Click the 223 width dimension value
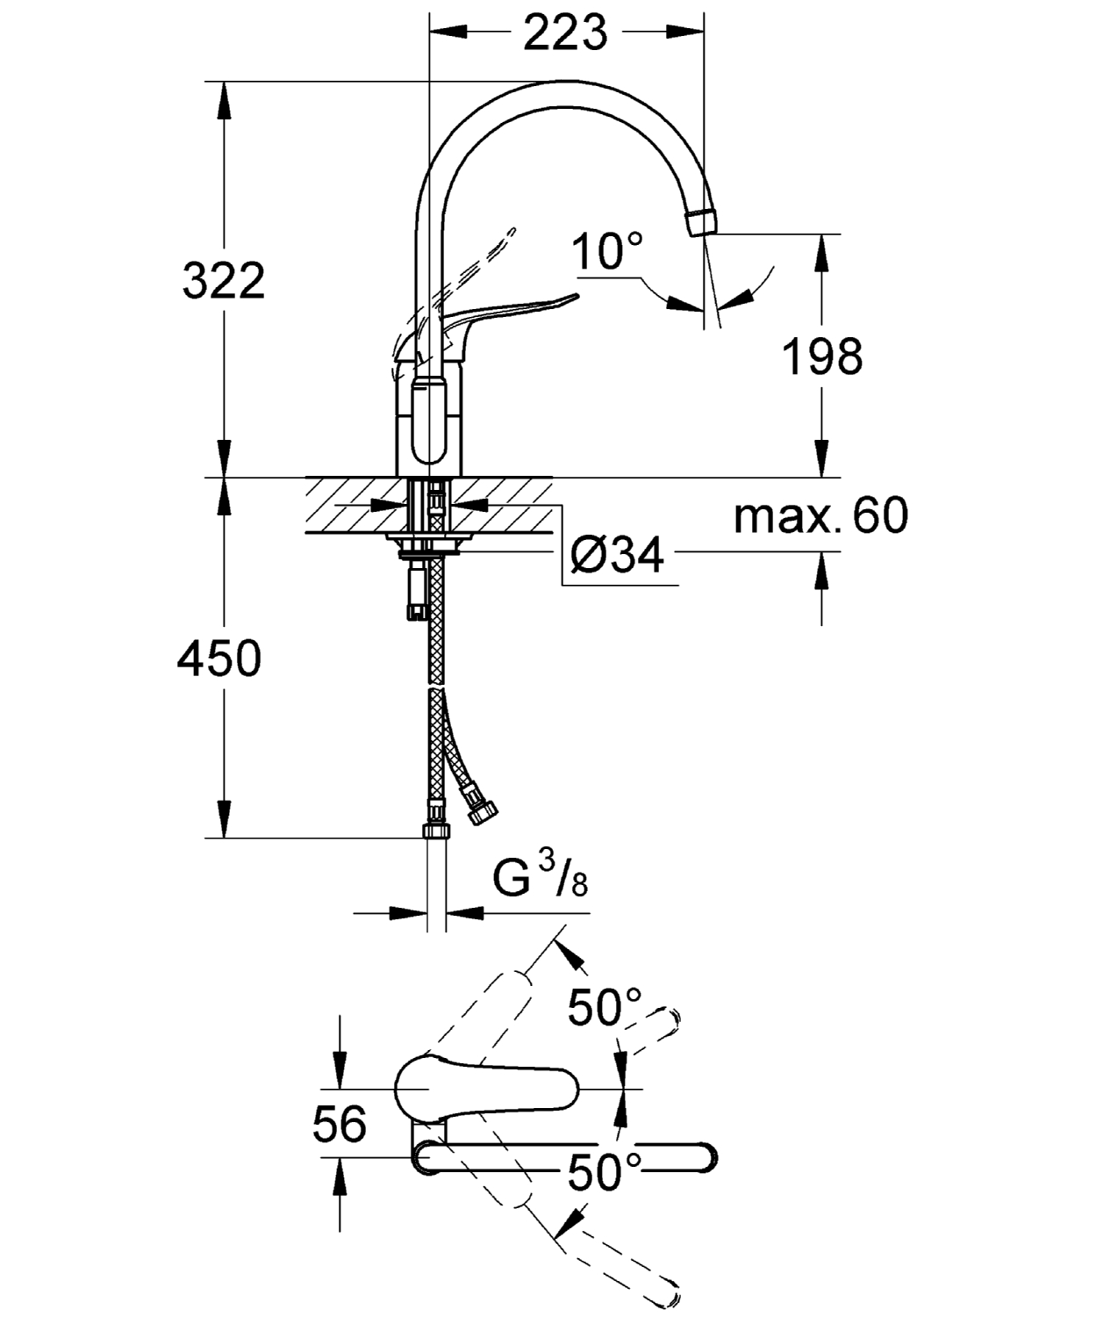point(565,32)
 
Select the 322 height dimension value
point(223,281)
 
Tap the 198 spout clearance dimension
point(822,356)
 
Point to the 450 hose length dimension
point(219,658)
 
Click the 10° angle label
point(606,252)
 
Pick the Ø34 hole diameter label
point(617,554)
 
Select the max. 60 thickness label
point(820,516)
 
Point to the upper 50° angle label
point(605,1007)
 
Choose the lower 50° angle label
point(605,1171)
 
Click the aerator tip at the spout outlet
point(701,222)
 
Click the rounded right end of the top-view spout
point(702,1157)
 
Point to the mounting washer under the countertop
point(430,550)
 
